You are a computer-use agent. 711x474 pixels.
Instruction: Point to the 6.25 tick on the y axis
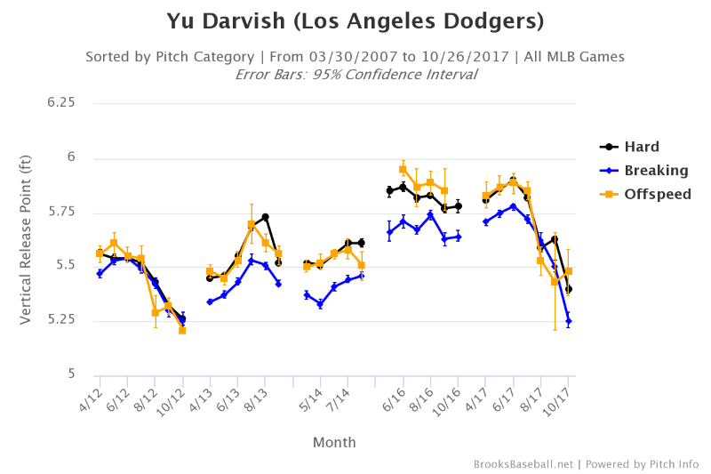pyautogui.click(x=60, y=103)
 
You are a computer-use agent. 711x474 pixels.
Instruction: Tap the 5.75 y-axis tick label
pyautogui.click(x=60, y=212)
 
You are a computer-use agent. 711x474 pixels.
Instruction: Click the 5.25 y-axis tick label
pyautogui.click(x=60, y=320)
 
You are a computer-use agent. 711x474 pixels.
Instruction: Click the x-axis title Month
pyautogui.click(x=334, y=442)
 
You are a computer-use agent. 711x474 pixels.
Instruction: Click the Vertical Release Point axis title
pyautogui.click(x=27, y=238)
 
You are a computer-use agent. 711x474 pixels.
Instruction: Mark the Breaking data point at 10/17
pyautogui.click(x=568, y=321)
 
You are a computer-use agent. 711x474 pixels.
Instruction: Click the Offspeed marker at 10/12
pyautogui.click(x=182, y=330)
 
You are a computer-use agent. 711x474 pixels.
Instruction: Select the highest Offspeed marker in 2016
pyautogui.click(x=403, y=169)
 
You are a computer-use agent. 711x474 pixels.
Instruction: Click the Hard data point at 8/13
pyautogui.click(x=265, y=217)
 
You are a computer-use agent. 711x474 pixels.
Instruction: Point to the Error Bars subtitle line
pyautogui.click(x=355, y=75)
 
